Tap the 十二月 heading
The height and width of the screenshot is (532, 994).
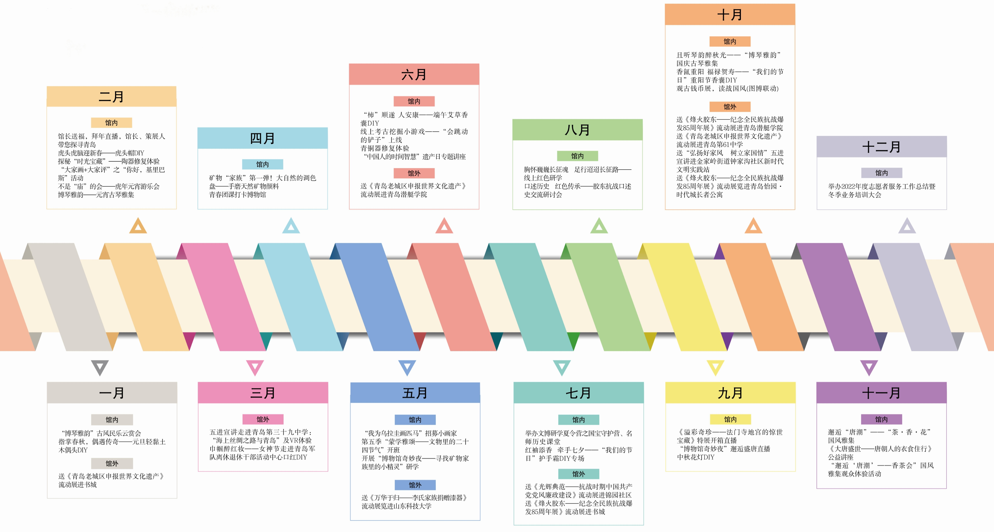click(x=881, y=147)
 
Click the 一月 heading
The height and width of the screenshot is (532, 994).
click(x=112, y=393)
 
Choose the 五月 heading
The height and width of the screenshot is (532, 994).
click(x=415, y=393)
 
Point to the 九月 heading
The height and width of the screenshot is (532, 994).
click(x=730, y=393)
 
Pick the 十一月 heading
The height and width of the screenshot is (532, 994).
click(x=881, y=393)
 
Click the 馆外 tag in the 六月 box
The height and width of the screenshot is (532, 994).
click(x=414, y=173)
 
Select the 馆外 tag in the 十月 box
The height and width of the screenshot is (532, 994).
click(x=730, y=107)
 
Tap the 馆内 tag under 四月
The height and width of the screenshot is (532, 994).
click(x=262, y=164)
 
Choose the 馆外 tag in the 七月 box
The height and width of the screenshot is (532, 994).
click(x=579, y=474)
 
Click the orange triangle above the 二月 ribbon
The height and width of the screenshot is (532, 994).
click(x=138, y=226)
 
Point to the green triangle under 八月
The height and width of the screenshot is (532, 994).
click(x=599, y=226)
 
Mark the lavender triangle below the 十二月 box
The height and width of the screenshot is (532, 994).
click(x=907, y=226)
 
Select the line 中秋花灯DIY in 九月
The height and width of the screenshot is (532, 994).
click(x=696, y=457)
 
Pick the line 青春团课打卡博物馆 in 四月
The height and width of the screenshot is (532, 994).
click(x=238, y=194)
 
